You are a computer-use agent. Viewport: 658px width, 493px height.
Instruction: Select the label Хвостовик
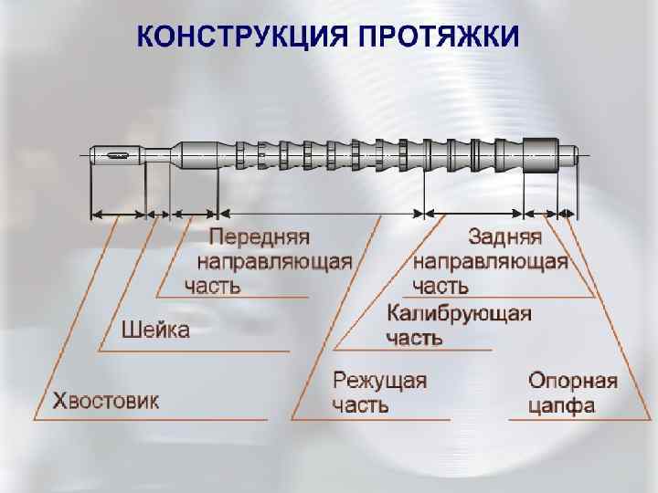(x=105, y=401)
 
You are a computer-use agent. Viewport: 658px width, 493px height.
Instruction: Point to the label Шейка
(x=155, y=330)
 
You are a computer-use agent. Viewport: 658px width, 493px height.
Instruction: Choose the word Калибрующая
(x=459, y=315)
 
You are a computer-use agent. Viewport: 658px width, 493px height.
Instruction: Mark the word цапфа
(x=562, y=405)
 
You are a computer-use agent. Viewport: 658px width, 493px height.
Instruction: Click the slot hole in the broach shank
(x=119, y=154)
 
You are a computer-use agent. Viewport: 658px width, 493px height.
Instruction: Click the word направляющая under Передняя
(x=274, y=262)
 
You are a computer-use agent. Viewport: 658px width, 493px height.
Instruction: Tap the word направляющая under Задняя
(x=491, y=262)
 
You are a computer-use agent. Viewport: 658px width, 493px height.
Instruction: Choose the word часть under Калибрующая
(x=414, y=339)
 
